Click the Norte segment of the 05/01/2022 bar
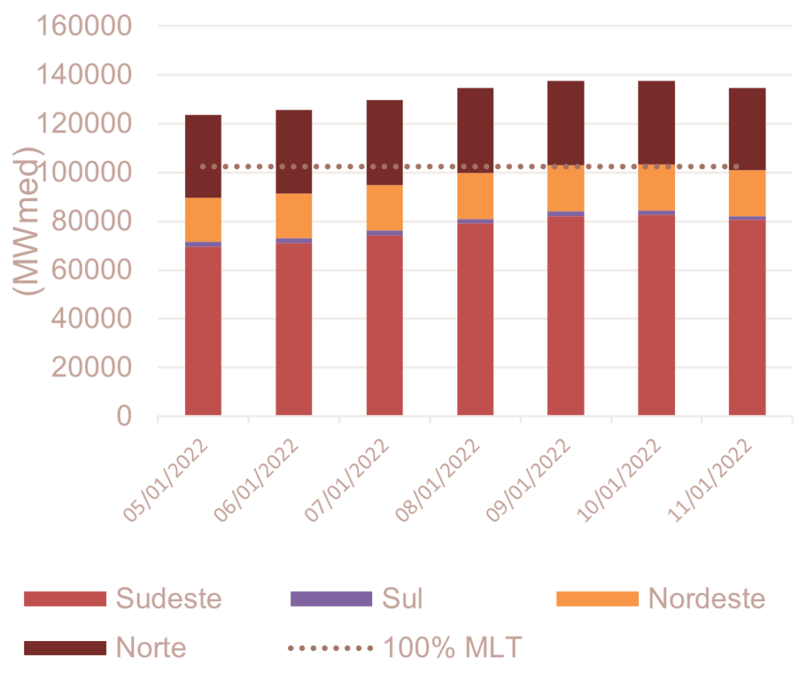tap(204, 156)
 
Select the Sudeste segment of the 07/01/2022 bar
tap(385, 324)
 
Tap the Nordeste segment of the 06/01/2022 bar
tap(294, 215)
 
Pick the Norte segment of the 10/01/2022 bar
tap(657, 122)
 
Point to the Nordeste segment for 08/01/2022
tap(476, 196)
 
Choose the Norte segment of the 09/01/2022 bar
tap(566, 122)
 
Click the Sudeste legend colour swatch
tap(64, 599)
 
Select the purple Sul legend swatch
tap(331, 599)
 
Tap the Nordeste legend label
tap(706, 599)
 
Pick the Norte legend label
tap(151, 647)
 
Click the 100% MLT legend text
tap(452, 647)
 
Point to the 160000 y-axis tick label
tap(87, 27)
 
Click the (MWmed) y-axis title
tap(30, 219)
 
